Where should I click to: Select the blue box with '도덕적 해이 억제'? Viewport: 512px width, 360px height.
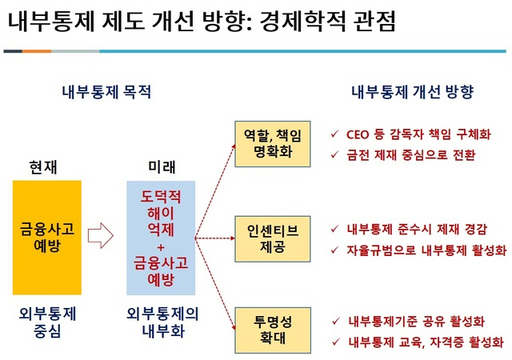click(163, 236)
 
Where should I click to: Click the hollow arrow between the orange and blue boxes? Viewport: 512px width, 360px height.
click(102, 236)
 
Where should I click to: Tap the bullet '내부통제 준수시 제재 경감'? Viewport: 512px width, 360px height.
click(417, 228)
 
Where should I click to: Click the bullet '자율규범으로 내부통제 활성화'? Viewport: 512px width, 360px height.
click(423, 250)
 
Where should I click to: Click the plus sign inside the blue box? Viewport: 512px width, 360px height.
click(162, 244)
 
